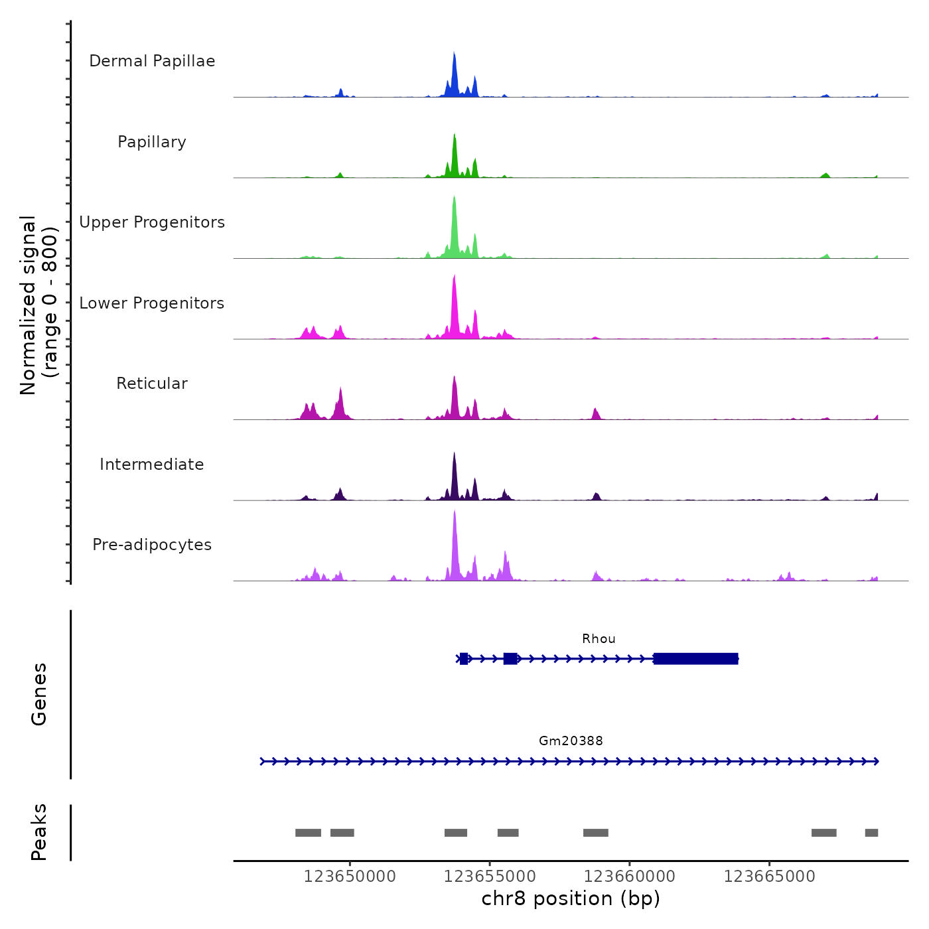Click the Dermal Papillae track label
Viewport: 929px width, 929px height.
point(152,61)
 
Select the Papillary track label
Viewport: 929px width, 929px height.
point(152,142)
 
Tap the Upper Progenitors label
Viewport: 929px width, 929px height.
point(152,222)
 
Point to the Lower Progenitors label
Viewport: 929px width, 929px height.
point(152,303)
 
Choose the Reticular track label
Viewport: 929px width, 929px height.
point(152,384)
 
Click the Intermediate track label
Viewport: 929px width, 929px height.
point(152,464)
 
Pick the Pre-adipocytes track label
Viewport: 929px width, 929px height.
point(152,545)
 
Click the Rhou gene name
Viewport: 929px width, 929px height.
point(599,639)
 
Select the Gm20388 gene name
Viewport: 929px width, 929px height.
point(571,741)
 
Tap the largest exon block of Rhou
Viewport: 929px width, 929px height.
point(695,659)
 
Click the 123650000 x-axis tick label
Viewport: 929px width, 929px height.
point(350,877)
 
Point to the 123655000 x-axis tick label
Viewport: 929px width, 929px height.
point(490,877)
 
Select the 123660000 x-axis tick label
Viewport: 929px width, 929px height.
point(630,877)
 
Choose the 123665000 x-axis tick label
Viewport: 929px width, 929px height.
point(770,877)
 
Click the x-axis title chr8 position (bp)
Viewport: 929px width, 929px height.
point(571,899)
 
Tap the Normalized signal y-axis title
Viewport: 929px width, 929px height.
point(38,305)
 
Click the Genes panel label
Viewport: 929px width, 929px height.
point(39,694)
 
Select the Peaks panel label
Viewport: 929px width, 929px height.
point(39,832)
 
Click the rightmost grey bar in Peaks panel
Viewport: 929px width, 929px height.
point(871,833)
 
